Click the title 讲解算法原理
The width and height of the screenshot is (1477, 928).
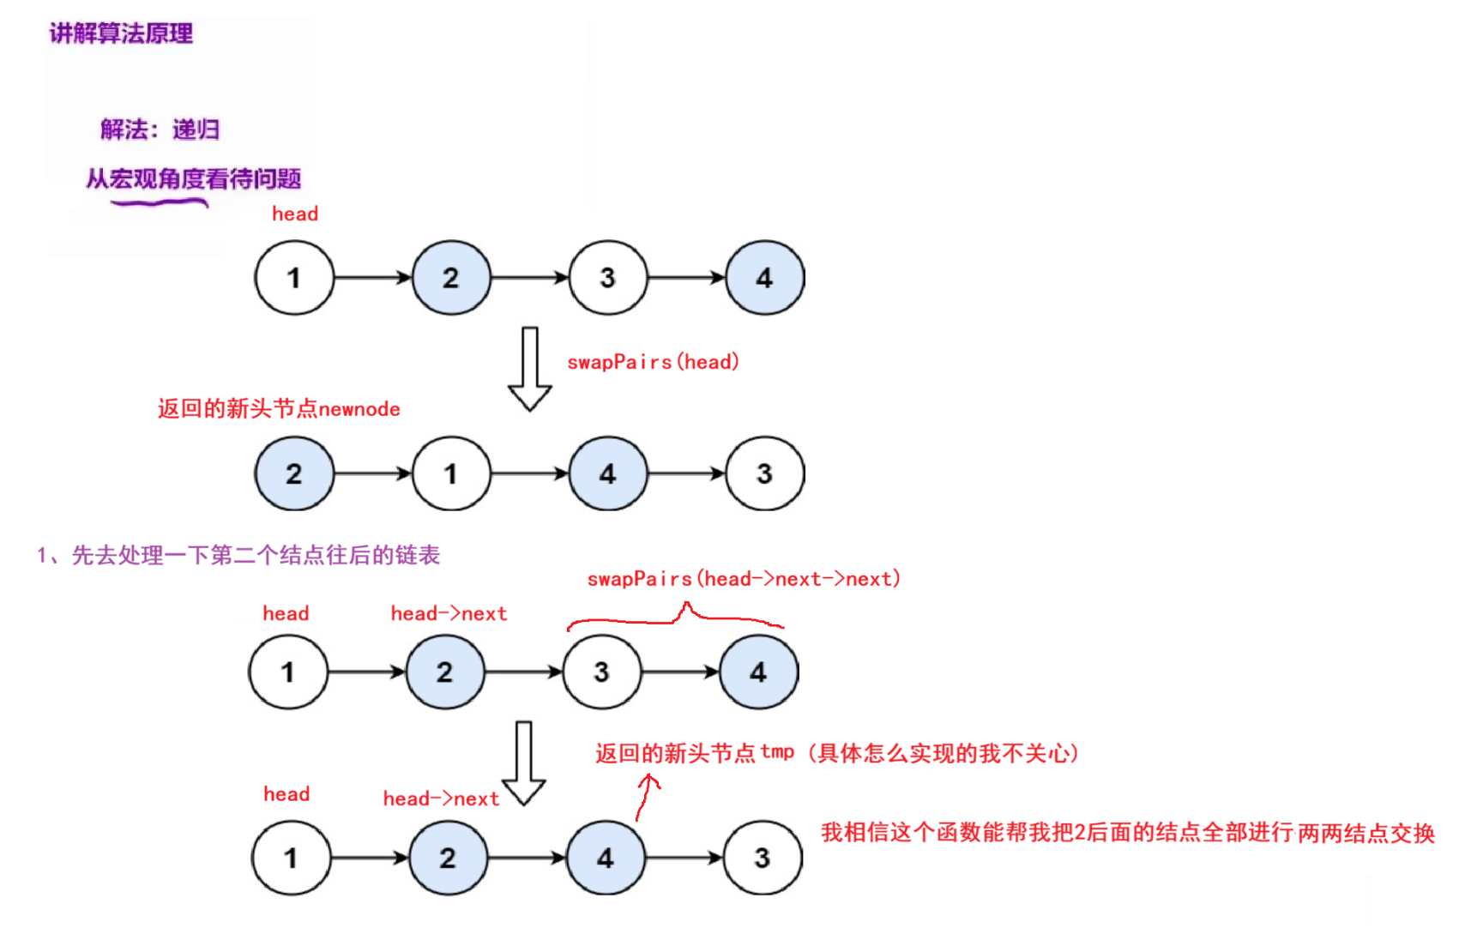pos(121,33)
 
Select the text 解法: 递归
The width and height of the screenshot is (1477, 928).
pos(160,130)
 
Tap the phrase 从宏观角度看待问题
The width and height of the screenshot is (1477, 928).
pos(193,178)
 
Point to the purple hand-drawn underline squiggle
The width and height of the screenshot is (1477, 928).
pos(160,203)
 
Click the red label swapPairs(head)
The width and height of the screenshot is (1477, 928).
pos(653,362)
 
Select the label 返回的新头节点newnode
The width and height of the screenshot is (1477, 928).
pos(279,409)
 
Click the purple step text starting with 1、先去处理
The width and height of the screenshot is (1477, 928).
pos(238,556)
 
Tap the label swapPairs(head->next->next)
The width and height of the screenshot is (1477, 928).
pos(744,580)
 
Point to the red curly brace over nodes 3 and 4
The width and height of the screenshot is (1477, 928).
pos(676,615)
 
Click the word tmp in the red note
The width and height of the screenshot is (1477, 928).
pos(777,752)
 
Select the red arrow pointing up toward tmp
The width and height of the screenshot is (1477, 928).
pos(646,796)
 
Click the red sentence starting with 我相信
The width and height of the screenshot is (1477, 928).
pos(1127,833)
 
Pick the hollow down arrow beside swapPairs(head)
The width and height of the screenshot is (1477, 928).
pos(530,369)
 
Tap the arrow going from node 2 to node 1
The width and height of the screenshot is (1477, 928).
pos(373,473)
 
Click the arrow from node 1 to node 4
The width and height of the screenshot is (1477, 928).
pos(529,473)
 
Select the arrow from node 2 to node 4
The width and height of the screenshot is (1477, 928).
pos(527,858)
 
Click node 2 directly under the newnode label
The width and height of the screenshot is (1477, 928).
pos(293,473)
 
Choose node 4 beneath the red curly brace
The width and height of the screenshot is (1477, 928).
pos(758,672)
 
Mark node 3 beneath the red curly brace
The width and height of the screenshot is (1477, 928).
pos(601,672)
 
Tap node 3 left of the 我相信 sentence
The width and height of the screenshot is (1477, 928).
pos(762,858)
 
